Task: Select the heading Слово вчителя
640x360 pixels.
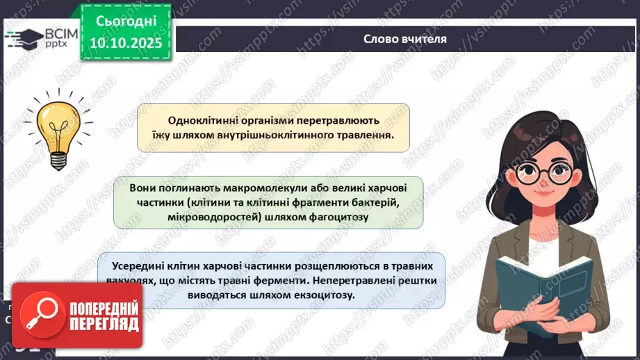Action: tap(404, 39)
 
